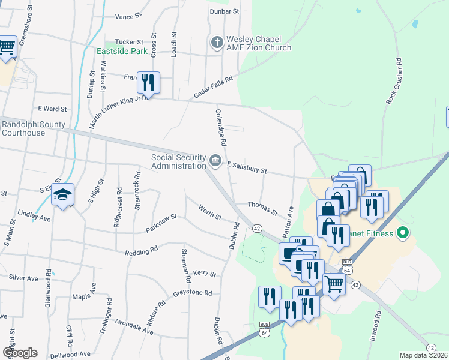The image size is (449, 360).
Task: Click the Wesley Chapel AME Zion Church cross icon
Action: [x=217, y=42]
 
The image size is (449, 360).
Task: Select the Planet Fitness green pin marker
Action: [x=403, y=233]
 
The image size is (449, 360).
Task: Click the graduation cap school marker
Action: [x=62, y=195]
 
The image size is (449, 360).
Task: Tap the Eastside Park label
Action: [x=122, y=52]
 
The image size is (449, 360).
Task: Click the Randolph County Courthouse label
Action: [x=32, y=128]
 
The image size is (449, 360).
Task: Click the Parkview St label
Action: [x=161, y=224]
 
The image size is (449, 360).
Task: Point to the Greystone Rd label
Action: [x=193, y=293]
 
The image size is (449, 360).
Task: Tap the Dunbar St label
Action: [x=224, y=11]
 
